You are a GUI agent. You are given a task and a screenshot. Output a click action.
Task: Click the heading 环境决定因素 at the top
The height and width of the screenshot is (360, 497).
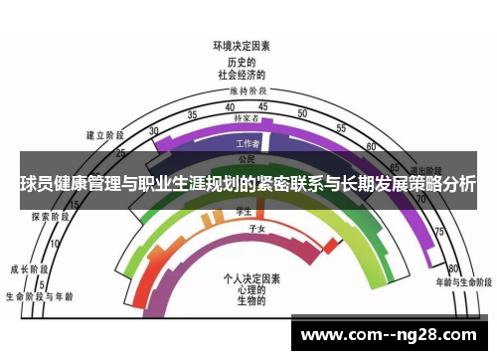(x=242, y=46)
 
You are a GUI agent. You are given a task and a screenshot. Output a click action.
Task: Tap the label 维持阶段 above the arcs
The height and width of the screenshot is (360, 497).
(x=242, y=91)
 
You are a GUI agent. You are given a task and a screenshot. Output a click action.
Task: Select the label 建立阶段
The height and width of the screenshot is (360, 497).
(x=104, y=134)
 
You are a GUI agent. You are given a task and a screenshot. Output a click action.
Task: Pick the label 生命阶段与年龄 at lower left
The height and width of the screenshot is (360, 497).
(x=39, y=295)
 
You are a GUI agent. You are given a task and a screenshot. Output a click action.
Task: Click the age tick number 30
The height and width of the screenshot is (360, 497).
(x=153, y=131)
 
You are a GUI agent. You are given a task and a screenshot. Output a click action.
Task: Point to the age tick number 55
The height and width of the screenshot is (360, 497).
(x=341, y=128)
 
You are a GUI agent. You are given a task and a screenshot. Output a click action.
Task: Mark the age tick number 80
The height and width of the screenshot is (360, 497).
(x=452, y=269)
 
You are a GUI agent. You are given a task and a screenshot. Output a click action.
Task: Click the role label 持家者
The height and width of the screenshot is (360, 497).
(x=247, y=118)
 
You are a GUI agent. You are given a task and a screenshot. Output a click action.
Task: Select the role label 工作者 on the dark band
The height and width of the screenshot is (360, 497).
(x=248, y=143)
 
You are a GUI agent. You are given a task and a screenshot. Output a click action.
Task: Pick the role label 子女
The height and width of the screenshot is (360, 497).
(x=255, y=229)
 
